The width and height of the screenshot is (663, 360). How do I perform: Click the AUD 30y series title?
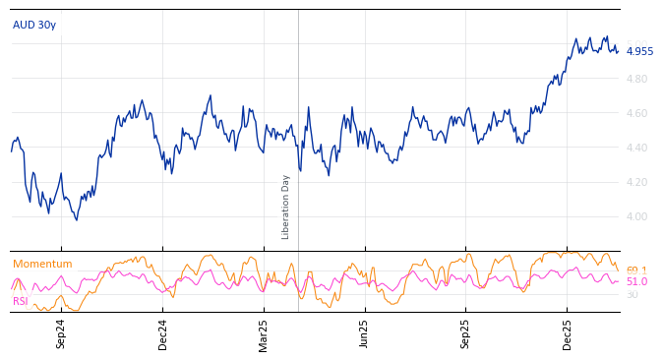pos(34,26)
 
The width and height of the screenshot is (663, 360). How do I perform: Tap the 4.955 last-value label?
pos(639,51)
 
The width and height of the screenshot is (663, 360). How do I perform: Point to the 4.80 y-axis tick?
pos(637,79)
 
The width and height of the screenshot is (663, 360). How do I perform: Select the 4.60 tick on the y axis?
pos(637,113)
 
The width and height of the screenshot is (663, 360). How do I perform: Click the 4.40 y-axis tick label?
pos(637,148)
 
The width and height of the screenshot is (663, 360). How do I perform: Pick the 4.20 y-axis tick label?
pos(637,182)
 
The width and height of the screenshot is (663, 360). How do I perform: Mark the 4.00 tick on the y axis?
pos(637,216)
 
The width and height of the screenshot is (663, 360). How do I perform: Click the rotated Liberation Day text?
pos(286,207)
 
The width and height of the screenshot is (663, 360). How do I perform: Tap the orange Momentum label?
pos(42,264)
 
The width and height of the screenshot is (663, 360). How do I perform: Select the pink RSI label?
pos(20,301)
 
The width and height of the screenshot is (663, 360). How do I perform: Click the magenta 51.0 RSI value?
pos(636,282)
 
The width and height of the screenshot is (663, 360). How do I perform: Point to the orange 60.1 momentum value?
pos(636,270)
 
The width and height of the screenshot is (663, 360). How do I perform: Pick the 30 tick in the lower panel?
pos(632,294)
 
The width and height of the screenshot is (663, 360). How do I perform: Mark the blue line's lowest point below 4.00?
pos(77,219)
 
